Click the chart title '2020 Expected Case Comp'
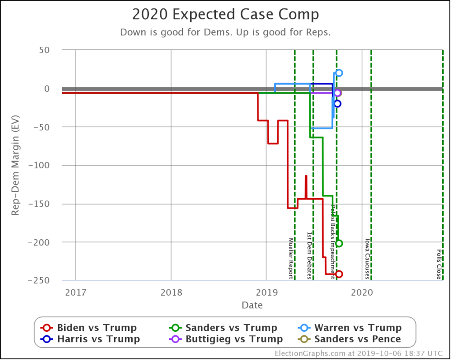click(225, 15)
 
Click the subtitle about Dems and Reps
click(225, 33)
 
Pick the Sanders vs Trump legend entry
click(224, 328)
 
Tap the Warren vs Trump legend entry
click(350, 328)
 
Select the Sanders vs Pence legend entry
click(350, 339)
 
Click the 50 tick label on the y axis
click(43, 50)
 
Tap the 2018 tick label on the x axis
click(171, 291)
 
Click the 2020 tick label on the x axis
click(362, 291)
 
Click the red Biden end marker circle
click(339, 274)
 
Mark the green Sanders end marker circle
click(339, 243)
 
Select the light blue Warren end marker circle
click(339, 73)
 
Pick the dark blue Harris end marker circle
click(337, 104)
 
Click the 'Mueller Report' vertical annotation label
click(291, 258)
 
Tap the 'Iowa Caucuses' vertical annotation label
click(367, 259)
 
